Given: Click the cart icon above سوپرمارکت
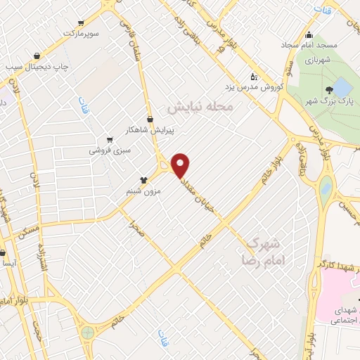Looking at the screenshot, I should (x=82, y=22).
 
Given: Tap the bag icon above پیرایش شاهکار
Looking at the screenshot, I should (x=150, y=120).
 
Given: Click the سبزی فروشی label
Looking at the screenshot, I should (x=108, y=150).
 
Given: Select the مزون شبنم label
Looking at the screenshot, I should (x=147, y=191).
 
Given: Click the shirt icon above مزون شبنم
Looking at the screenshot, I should (x=143, y=180).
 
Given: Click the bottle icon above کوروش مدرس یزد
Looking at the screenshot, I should (x=254, y=77).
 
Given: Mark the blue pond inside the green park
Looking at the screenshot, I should (x=342, y=88).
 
